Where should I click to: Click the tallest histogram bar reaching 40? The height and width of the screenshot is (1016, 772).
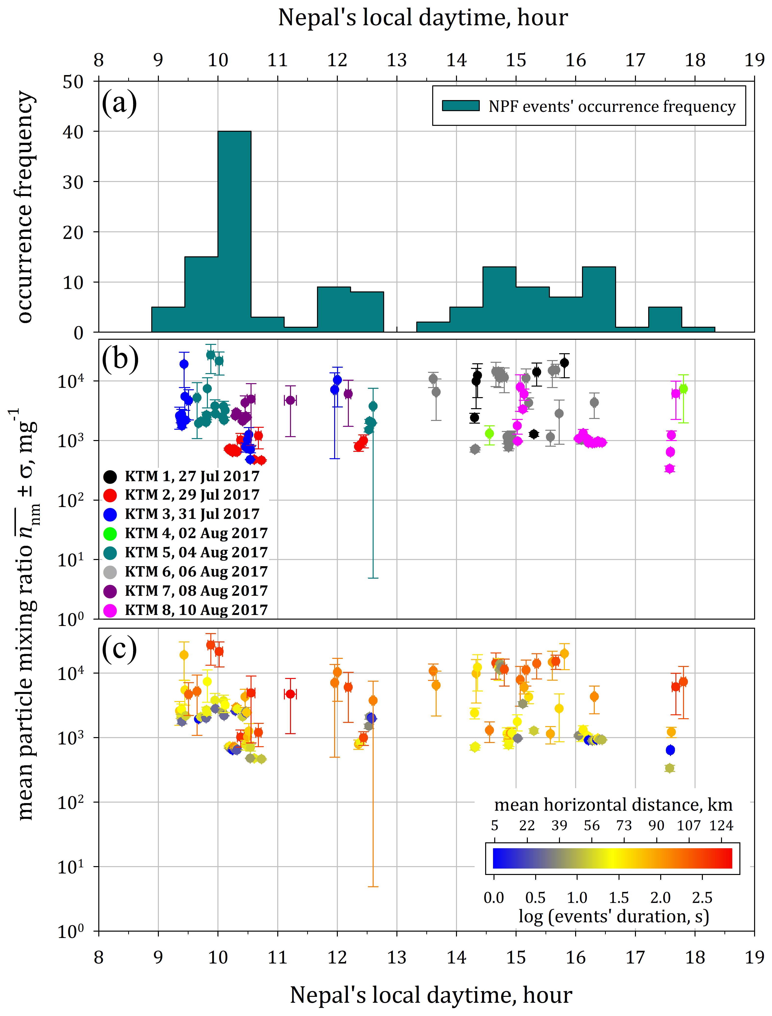(x=234, y=230)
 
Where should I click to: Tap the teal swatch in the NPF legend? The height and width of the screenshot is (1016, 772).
(x=460, y=106)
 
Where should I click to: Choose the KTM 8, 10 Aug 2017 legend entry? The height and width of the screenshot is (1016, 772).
(x=186, y=610)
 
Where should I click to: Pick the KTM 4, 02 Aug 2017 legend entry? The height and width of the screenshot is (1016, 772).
(x=186, y=533)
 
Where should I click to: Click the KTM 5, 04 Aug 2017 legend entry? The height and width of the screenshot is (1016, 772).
(x=186, y=553)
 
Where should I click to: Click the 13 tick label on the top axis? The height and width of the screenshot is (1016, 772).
(x=397, y=60)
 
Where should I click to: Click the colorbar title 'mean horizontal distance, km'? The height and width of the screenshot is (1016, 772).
(x=613, y=805)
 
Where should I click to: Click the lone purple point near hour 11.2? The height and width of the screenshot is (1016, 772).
(x=291, y=400)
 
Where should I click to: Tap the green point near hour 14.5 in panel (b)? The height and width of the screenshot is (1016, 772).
(x=489, y=433)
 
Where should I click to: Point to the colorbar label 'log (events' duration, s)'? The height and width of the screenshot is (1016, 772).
(x=613, y=916)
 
